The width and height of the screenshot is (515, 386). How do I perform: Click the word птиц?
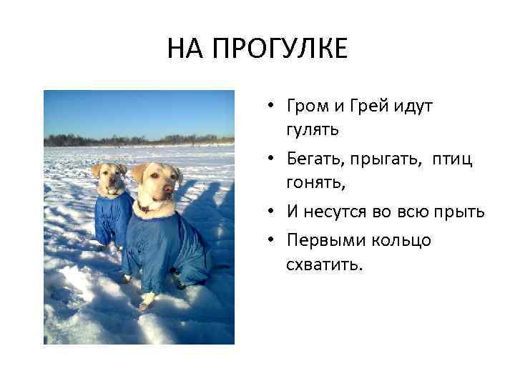tap(451, 159)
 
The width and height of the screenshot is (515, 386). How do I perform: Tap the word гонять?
tap(315, 184)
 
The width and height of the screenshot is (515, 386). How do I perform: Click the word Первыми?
tap(321, 239)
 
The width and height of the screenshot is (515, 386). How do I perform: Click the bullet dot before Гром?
tap(273, 107)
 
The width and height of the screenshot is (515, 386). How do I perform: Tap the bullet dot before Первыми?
tap(273, 240)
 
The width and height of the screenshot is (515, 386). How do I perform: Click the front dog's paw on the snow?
tap(145, 304)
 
